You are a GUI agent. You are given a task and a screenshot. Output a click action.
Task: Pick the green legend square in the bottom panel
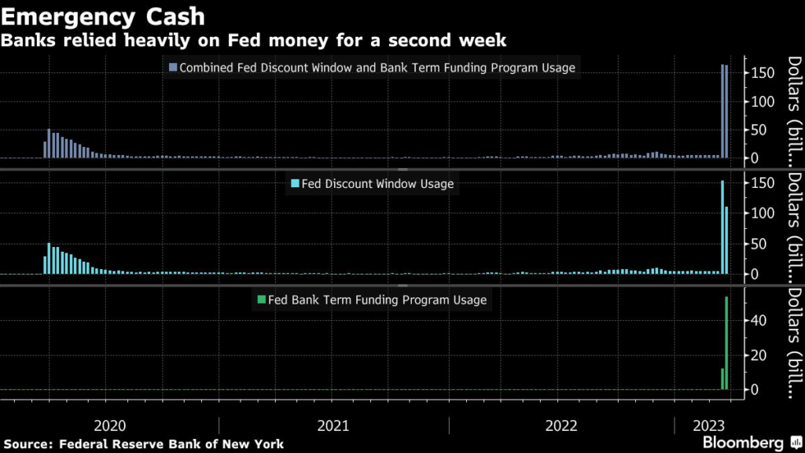tap(261, 300)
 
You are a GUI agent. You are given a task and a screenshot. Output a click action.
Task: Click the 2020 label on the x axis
tap(109, 425)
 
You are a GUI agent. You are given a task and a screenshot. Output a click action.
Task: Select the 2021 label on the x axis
tap(333, 425)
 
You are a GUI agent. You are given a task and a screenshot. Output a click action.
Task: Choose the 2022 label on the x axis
tap(561, 425)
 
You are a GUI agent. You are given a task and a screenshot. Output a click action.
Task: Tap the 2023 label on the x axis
tap(710, 425)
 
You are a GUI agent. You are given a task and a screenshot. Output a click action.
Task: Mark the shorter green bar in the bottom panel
tap(722, 379)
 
